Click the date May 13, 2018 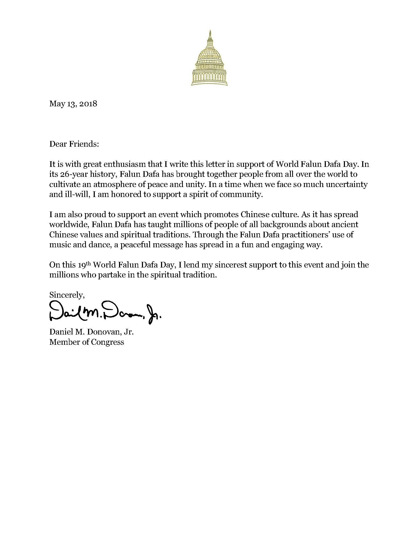pos(73,104)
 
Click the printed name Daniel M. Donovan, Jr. pos(91,332)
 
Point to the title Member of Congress pos(86,342)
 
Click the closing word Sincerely pos(67,295)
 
